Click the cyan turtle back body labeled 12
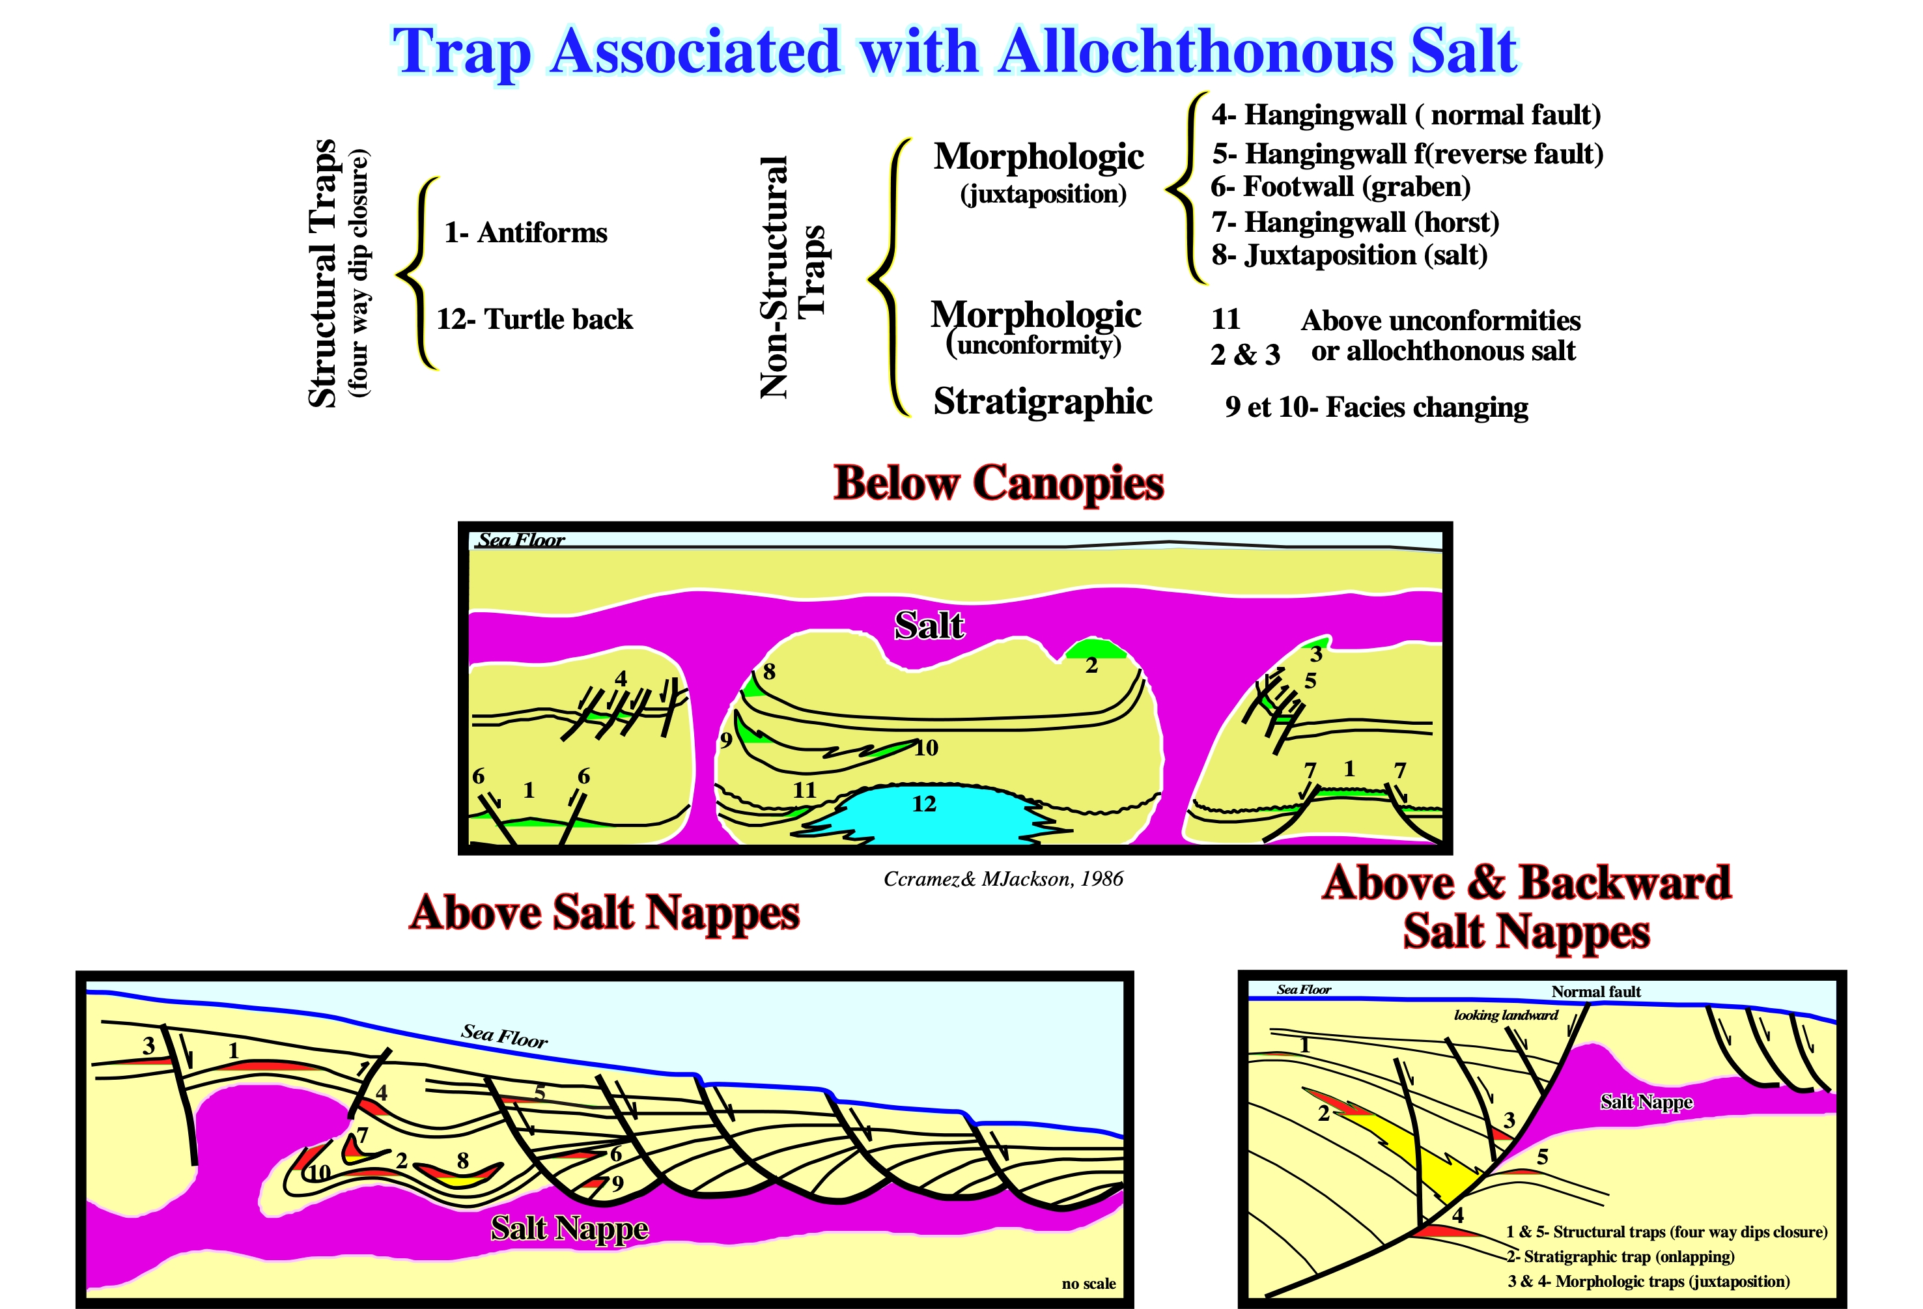927,815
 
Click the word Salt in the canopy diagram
929,626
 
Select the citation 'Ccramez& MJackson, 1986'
1003,879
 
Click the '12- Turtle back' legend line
535,319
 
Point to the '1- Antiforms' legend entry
526,232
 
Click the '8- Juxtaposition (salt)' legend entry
1349,255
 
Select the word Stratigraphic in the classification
1043,401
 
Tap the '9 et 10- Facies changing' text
1376,407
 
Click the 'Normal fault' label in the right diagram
1595,991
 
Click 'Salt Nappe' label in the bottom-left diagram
569,1228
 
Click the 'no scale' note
1088,1284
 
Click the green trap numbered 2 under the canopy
1094,649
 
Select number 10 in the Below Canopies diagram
926,748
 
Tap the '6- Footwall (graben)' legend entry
1340,187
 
